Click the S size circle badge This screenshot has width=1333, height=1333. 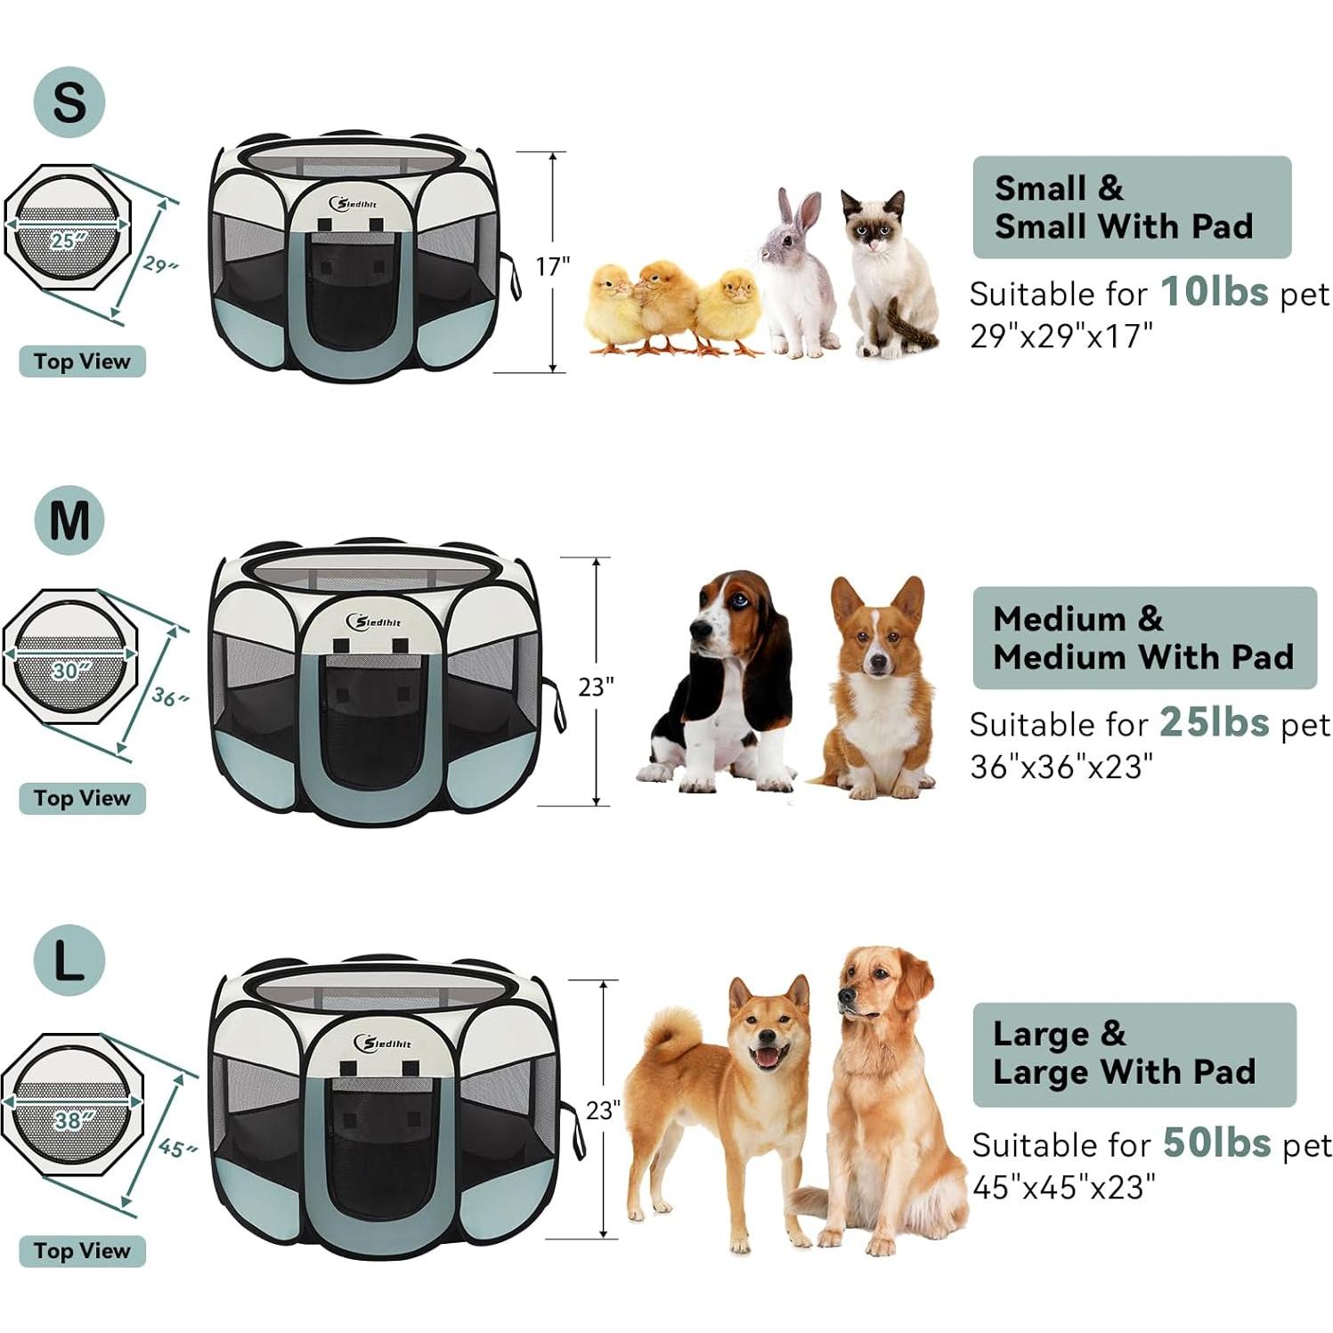pos(69,102)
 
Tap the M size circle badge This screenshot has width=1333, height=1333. pos(69,520)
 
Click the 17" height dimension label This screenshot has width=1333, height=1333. pos(552,266)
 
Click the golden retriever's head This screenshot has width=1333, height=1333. pos(877,988)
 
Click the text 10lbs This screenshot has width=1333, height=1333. pos(1214,291)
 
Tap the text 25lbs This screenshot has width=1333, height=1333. pos(1214,722)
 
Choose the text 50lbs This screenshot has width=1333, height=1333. pos(1216,1142)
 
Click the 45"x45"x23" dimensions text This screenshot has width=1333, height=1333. pos(1063,1186)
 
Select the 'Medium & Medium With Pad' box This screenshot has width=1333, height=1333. pos(1143,638)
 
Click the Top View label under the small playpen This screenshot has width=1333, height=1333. pos(82,362)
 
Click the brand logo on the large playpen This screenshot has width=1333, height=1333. pos(383,1042)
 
